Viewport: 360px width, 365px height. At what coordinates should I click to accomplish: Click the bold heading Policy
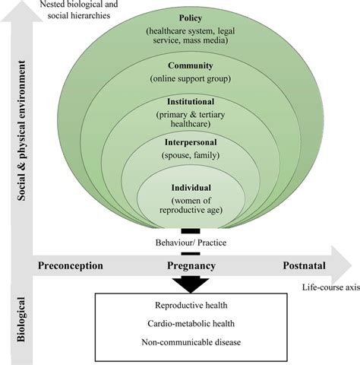click(x=190, y=17)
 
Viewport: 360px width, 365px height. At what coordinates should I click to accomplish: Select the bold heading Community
click(x=190, y=65)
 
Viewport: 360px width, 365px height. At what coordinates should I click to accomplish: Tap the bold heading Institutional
click(x=190, y=101)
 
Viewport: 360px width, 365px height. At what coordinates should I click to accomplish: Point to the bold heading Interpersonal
click(x=190, y=142)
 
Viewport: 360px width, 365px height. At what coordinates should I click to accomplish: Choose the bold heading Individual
click(x=190, y=188)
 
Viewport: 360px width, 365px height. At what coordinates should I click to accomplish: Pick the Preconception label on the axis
click(x=70, y=265)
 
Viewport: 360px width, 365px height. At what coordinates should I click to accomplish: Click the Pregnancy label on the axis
click(x=191, y=265)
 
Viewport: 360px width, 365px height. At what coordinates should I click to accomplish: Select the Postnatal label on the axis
click(x=306, y=265)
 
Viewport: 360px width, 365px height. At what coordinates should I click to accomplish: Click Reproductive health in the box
click(x=191, y=306)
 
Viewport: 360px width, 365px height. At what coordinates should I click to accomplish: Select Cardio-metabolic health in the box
click(x=191, y=324)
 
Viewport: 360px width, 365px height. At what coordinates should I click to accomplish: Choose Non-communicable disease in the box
click(x=191, y=342)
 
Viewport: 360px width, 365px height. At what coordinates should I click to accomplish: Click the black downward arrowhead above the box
click(x=191, y=284)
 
